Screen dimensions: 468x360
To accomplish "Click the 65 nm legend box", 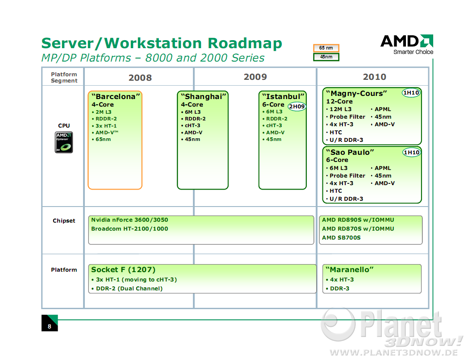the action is click(x=326, y=48).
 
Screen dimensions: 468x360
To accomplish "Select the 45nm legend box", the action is click(x=326, y=57).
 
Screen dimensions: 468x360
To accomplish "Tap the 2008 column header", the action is click(x=140, y=78).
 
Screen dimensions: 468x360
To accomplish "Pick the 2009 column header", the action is click(x=255, y=77).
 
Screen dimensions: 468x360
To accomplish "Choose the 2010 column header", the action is click(x=374, y=77).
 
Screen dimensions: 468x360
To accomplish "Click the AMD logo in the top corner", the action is click(x=407, y=44).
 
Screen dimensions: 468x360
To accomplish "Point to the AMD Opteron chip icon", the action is click(x=63, y=142).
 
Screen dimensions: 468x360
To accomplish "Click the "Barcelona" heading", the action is click(x=116, y=96).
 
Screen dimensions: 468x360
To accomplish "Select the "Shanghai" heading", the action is click(x=204, y=96).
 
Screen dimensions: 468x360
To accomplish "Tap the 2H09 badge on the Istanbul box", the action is click(x=297, y=107).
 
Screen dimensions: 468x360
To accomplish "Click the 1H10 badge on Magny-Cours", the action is click(x=411, y=93).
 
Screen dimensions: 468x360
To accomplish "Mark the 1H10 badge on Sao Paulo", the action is click(x=411, y=153).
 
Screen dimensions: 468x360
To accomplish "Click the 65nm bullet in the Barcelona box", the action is click(x=101, y=139).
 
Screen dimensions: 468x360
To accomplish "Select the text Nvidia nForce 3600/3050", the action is click(x=130, y=220).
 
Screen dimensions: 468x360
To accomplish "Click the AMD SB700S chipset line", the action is click(x=341, y=238).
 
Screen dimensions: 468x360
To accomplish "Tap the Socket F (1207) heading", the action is click(x=123, y=269).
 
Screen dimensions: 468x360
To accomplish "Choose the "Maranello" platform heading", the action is click(x=350, y=269).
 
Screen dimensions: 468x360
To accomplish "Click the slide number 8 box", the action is click(x=50, y=323).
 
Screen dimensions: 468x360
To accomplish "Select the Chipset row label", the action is click(x=64, y=221).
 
